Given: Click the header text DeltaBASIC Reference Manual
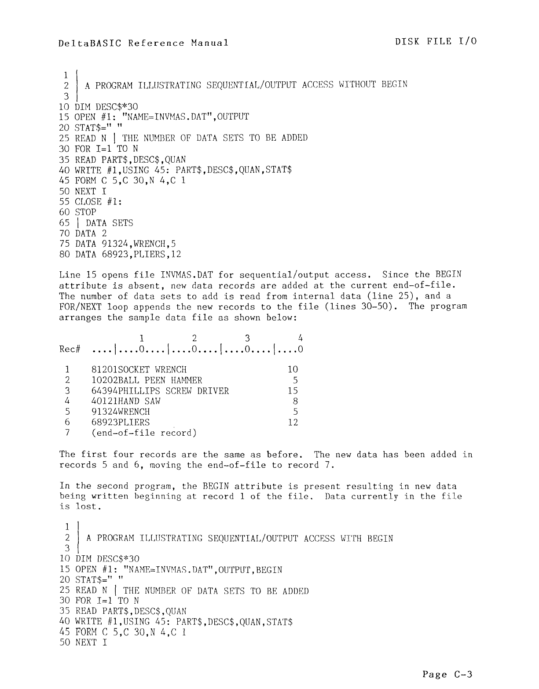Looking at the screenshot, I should coord(143,43).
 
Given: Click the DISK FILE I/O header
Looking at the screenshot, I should coord(436,41).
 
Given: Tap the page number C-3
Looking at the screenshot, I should coord(447,674).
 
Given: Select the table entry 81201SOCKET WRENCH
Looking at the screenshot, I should coord(139,370).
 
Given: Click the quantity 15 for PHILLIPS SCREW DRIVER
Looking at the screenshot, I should coord(293,391).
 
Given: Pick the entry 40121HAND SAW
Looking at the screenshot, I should coord(126,401).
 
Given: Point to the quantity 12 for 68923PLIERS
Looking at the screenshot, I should coord(293,423).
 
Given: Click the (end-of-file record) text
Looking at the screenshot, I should coord(144,433).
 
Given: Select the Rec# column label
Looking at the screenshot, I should coord(70,350).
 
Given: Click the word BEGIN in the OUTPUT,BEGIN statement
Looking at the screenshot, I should coord(269,570).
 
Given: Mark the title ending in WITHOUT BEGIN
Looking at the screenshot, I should coord(246,84).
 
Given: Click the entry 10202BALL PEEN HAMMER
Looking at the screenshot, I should coord(147,380).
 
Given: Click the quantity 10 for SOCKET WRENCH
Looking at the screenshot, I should coord(293,370).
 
